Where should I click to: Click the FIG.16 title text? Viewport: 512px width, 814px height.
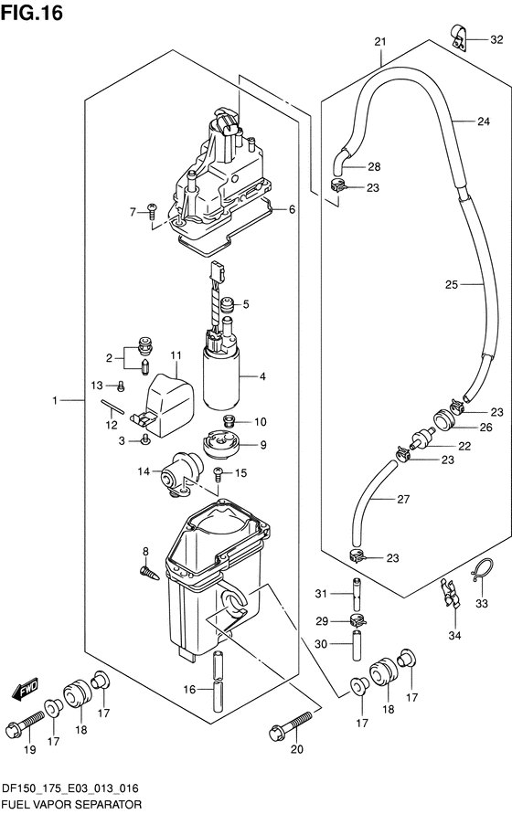click(32, 13)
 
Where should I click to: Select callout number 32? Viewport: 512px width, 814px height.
click(497, 39)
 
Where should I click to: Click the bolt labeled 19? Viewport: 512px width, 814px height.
click(25, 722)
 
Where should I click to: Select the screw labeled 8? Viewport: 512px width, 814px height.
click(149, 572)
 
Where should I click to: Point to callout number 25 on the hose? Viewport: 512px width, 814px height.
click(451, 284)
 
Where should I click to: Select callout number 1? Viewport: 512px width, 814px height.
click(54, 400)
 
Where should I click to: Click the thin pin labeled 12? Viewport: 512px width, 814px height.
click(112, 406)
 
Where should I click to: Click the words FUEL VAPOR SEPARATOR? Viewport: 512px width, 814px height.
click(72, 805)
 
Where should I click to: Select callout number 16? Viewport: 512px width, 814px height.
click(189, 690)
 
